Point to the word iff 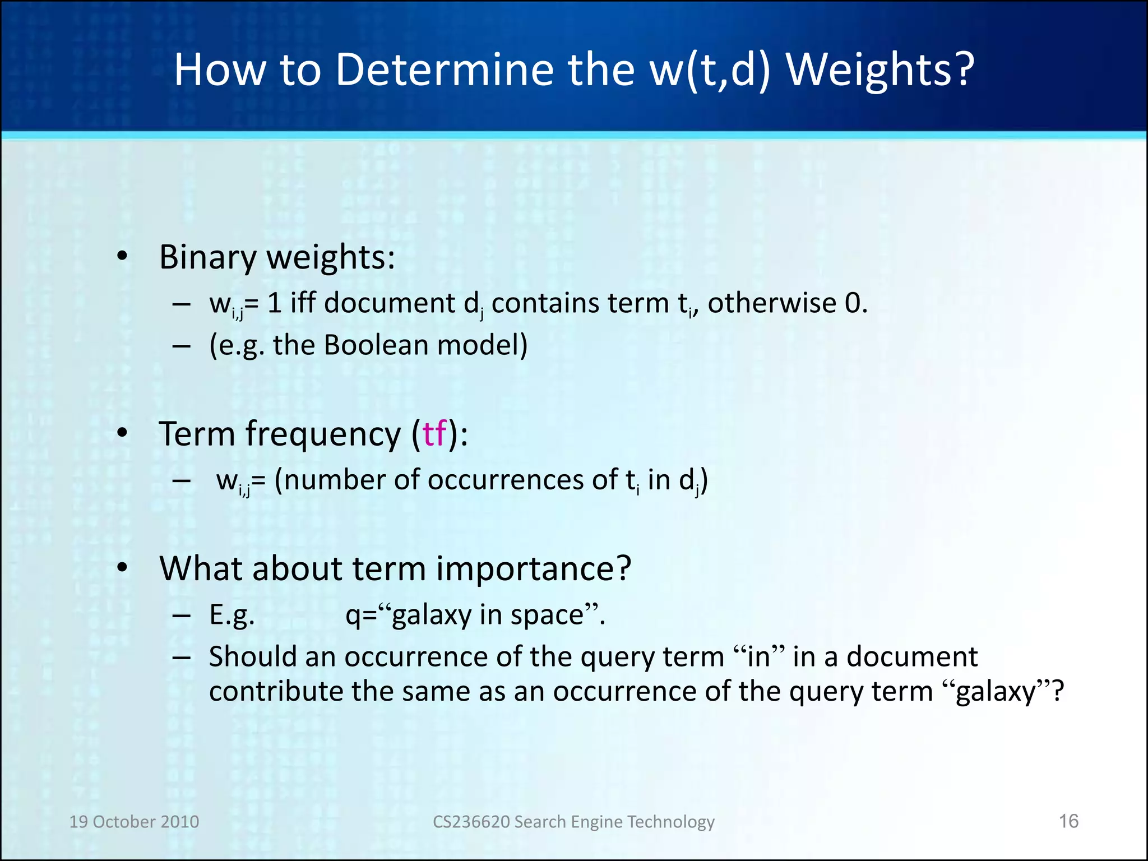[x=303, y=303]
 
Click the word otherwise [x=772, y=303]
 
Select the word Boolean [x=376, y=345]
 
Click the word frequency [x=323, y=434]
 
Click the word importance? [x=534, y=569]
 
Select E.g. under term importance [x=232, y=615]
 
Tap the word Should [x=252, y=656]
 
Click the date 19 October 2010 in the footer [x=134, y=822]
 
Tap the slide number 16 [x=1068, y=821]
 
